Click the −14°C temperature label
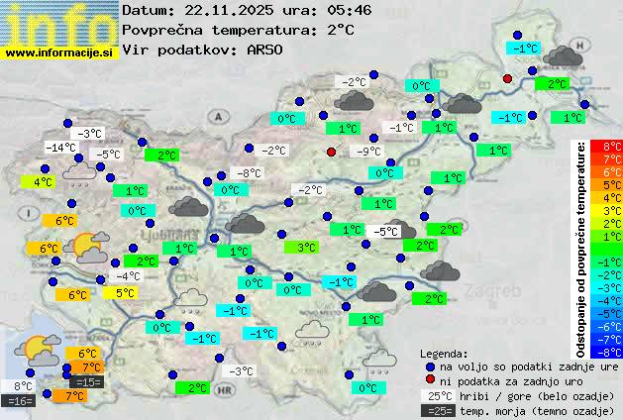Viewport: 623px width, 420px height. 61,148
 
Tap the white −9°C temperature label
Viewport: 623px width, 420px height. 368,152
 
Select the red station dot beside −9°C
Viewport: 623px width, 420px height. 332,152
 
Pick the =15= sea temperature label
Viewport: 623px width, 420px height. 87,381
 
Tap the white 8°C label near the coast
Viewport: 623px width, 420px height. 22,386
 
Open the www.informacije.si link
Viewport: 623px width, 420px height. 59,52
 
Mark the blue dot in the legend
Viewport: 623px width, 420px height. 429,367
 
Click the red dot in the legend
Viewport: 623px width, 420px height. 429,380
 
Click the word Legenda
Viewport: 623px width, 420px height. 445,353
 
